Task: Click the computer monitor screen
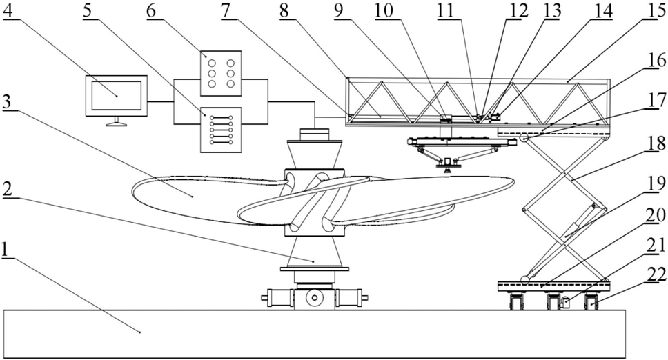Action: coord(117,96)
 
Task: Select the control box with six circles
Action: coord(221,74)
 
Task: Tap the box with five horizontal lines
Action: coord(221,130)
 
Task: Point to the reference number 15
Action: coord(655,10)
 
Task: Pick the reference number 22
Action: coord(656,274)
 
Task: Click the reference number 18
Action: coord(656,143)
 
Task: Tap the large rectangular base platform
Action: coord(315,334)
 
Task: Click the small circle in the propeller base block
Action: coord(315,298)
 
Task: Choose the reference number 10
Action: coord(384,10)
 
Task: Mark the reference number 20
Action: coord(656,216)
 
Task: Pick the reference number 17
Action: coord(656,100)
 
